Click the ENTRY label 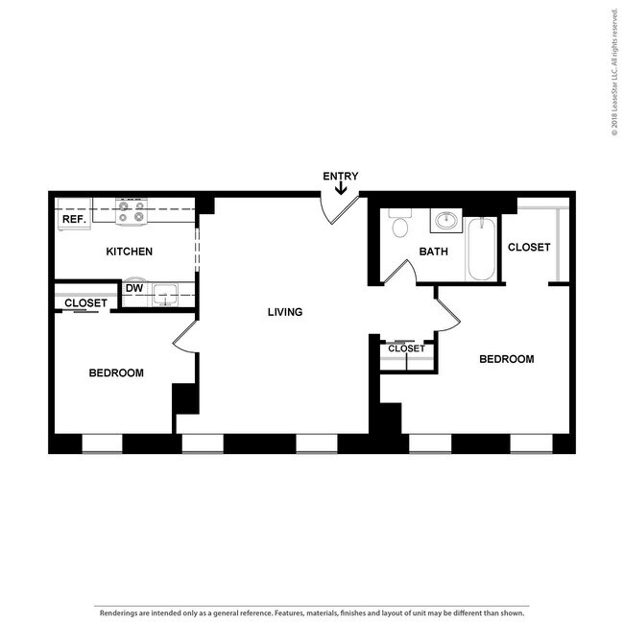pos(340,176)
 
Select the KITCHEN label pos(129,252)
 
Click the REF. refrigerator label pos(73,219)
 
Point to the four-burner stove pos(132,211)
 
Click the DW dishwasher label pos(134,287)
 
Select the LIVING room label pos(285,312)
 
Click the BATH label pos(433,252)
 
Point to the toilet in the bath pos(400,225)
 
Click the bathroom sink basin pos(444,222)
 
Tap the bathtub pos(480,250)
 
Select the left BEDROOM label pos(116,372)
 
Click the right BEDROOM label pos(506,359)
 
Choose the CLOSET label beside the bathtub pos(529,247)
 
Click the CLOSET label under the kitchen pos(85,303)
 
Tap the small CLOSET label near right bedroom pos(406,348)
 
